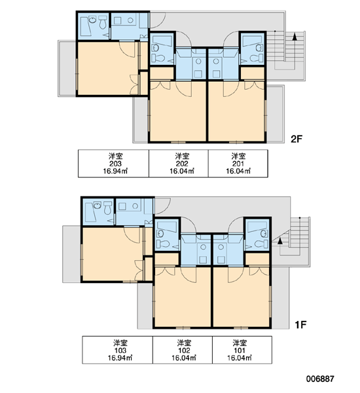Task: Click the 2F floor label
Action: [x=297, y=139]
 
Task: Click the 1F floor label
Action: [x=300, y=325]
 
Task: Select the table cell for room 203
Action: [x=113, y=163]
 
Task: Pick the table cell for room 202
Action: [x=179, y=163]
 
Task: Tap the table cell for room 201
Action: [x=238, y=163]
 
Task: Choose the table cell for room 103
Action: [x=118, y=350]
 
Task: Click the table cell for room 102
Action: [x=183, y=350]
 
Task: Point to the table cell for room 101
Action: [x=242, y=350]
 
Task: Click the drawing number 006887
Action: [x=320, y=379]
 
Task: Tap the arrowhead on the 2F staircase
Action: [x=295, y=37]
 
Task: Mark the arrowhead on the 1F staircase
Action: [x=280, y=240]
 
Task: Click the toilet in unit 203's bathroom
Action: [x=103, y=22]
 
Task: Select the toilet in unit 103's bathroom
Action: [x=107, y=208]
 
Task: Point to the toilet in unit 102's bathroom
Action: [x=163, y=244]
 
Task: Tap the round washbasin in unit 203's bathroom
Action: [x=93, y=20]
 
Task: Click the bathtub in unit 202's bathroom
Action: [x=162, y=41]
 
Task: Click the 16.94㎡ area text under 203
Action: [x=115, y=171]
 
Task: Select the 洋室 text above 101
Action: [x=240, y=343]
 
